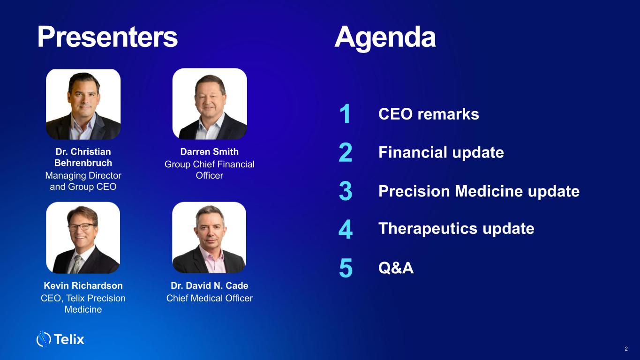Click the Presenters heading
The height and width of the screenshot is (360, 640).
pyautogui.click(x=107, y=37)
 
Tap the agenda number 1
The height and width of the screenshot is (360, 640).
pyautogui.click(x=345, y=113)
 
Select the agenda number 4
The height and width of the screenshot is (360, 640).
pyautogui.click(x=346, y=229)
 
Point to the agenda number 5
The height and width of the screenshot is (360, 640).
pyautogui.click(x=346, y=268)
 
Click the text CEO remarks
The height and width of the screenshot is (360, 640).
pyautogui.click(x=429, y=114)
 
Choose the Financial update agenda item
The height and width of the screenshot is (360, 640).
pyautogui.click(x=441, y=152)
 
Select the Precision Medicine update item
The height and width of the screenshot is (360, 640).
pyautogui.click(x=479, y=191)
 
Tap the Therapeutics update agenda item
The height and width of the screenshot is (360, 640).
pyautogui.click(x=456, y=229)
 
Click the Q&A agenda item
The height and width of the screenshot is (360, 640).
pyautogui.click(x=396, y=268)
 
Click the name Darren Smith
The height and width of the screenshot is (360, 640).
pyautogui.click(x=210, y=152)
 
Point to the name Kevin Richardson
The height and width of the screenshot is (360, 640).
pyautogui.click(x=83, y=285)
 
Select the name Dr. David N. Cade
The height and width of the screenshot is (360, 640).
pyautogui.click(x=210, y=285)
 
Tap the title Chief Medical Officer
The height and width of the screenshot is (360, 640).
pyautogui.click(x=210, y=298)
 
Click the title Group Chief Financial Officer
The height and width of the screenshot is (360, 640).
pyautogui.click(x=210, y=170)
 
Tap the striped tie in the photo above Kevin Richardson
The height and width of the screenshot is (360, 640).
pyautogui.click(x=76, y=264)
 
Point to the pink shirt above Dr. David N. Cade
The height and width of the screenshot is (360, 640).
pyautogui.click(x=211, y=261)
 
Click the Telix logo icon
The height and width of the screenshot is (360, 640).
pyautogui.click(x=44, y=339)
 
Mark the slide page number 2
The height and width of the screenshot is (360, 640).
pyautogui.click(x=626, y=349)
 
